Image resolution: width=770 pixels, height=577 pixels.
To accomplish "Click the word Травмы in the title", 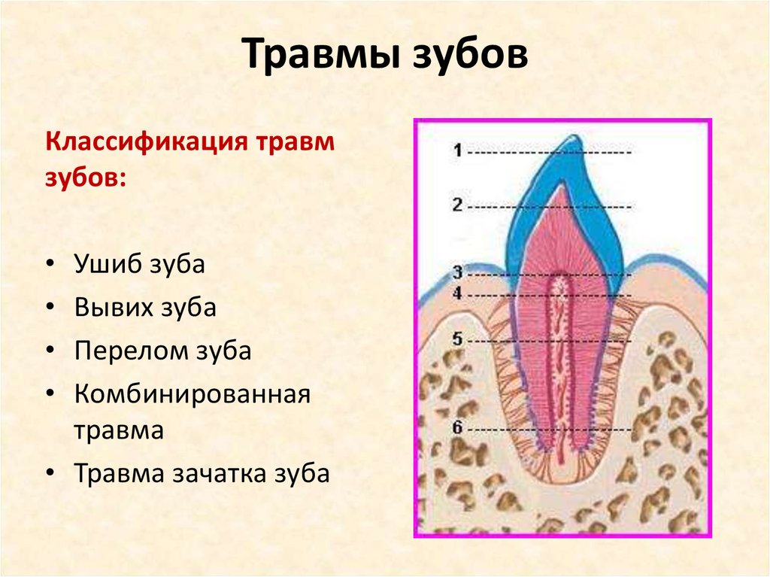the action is tap(320, 53).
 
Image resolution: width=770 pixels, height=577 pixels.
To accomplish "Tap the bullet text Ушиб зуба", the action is tap(139, 264).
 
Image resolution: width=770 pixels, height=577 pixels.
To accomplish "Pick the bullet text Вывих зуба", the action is tap(145, 308).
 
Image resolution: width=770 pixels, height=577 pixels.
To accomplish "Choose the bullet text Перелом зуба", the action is tap(163, 351).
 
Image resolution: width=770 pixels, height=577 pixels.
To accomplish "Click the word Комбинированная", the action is tap(192, 394).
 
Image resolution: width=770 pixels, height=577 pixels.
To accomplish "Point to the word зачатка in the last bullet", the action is tap(219, 474).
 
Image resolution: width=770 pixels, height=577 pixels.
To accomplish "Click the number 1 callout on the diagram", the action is tap(458, 150).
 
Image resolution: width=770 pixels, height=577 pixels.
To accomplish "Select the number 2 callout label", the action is tap(458, 205).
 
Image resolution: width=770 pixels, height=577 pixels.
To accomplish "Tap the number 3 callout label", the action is tap(458, 272).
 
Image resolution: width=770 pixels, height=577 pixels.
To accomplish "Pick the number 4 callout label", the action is tap(458, 293).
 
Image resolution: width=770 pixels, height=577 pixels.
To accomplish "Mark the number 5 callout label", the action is tap(458, 339).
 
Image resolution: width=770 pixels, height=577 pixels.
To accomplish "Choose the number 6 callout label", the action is tap(458, 427).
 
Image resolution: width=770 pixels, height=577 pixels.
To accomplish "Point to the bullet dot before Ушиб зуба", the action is tap(50, 265).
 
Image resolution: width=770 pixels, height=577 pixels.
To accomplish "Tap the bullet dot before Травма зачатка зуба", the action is tap(50, 472).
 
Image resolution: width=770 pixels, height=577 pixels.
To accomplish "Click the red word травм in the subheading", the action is tap(295, 142).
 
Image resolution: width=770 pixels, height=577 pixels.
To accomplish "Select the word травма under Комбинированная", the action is tap(119, 430).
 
